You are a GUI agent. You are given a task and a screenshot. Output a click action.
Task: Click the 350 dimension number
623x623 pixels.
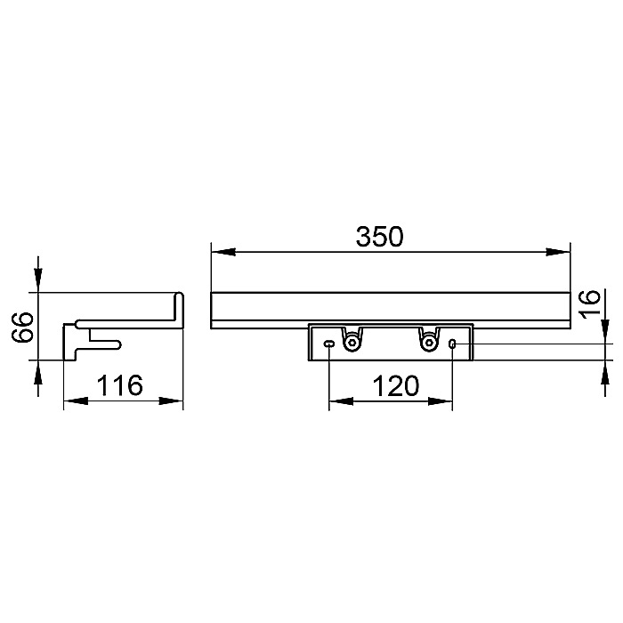click(x=379, y=237)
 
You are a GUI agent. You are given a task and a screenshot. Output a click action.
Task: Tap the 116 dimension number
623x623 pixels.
click(x=119, y=385)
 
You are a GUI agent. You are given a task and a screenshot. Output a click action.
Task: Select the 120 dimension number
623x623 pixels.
click(x=396, y=385)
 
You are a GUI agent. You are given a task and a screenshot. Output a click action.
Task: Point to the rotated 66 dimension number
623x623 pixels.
click(x=22, y=327)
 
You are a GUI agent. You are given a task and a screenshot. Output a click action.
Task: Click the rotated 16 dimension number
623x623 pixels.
click(x=589, y=303)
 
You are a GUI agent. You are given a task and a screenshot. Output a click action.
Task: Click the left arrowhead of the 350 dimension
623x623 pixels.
click(x=222, y=252)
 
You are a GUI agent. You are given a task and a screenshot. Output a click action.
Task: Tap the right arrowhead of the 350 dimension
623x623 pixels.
click(x=558, y=252)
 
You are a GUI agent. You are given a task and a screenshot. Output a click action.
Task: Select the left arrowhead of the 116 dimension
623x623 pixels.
click(x=76, y=400)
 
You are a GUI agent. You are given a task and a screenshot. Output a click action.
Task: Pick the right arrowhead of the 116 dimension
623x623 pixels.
click(x=171, y=400)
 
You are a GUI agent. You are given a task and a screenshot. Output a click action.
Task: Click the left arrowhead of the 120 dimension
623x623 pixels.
click(x=341, y=401)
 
